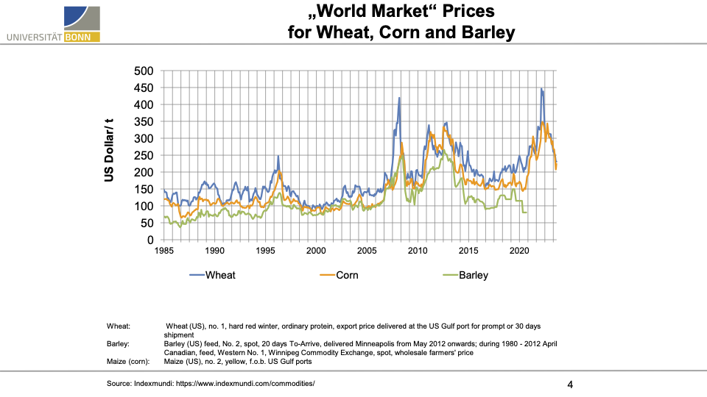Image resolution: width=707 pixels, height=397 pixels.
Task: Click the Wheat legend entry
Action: tap(219, 276)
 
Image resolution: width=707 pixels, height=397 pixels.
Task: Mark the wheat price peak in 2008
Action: tap(399, 98)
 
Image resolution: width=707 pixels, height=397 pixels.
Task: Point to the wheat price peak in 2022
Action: tap(541, 89)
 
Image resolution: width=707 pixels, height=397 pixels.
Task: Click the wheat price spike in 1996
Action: tap(278, 156)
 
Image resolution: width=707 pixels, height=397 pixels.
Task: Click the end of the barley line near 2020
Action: tap(526, 212)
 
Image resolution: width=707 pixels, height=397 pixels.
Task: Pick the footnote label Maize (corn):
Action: tap(130, 361)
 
